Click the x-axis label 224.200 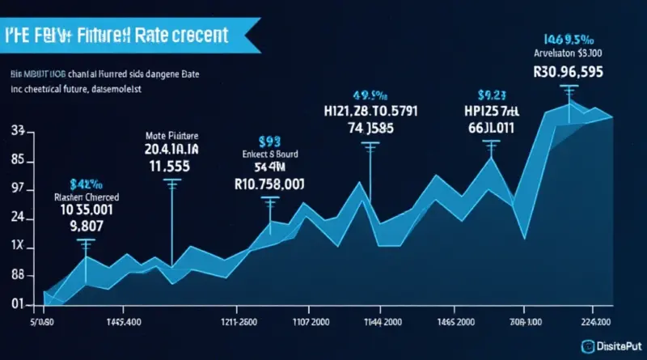[600, 320]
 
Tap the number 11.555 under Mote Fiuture [171, 166]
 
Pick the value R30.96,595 [570, 70]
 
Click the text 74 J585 [371, 127]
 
